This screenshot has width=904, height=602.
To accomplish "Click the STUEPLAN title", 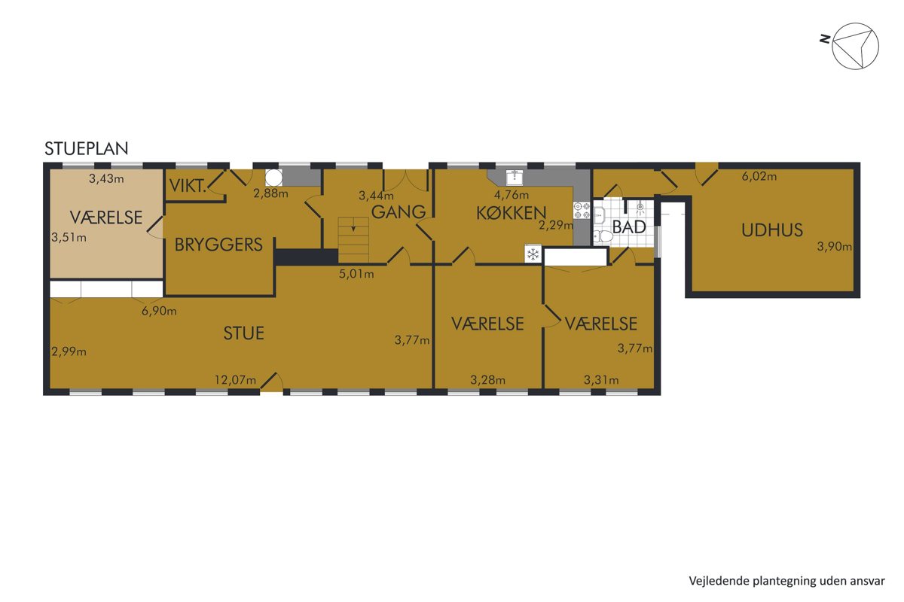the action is tap(87, 149).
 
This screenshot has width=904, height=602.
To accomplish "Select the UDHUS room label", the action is tap(772, 230).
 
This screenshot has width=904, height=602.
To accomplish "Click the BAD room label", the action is tap(629, 227).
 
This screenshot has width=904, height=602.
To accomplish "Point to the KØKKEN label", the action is tap(512, 213).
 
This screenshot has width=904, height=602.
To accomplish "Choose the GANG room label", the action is tap(399, 212).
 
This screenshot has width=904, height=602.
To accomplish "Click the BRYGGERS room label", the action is tap(218, 245).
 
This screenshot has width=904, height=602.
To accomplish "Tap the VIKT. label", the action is tap(188, 186).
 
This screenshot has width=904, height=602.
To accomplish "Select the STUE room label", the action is tap(244, 333).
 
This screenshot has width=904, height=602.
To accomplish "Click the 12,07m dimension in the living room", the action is tap(235, 380).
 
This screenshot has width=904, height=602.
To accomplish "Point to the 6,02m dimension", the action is tap(759, 176).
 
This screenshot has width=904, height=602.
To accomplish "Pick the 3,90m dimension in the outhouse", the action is tap(834, 246).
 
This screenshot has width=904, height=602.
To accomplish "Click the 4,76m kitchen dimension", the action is tap(512, 195).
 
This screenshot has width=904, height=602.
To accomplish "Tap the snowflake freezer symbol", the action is tap(533, 254).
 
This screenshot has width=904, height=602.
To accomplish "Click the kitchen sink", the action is tap(515, 177).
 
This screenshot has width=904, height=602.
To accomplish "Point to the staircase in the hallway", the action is tap(353, 240).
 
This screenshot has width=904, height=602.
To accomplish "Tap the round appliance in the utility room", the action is tap(273, 177).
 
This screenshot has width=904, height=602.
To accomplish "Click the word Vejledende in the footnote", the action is tap(712, 581).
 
